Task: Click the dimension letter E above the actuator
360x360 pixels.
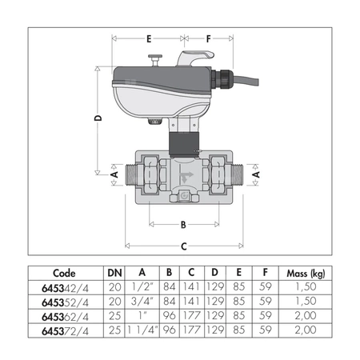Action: coord(148,38)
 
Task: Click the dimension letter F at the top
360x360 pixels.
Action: coord(210,38)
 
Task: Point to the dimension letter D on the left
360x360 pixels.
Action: coord(97,118)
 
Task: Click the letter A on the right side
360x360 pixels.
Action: coord(256,172)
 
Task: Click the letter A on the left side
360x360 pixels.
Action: coord(113,172)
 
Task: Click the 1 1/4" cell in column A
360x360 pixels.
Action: coord(142,329)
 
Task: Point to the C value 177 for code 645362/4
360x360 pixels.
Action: coord(193,315)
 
